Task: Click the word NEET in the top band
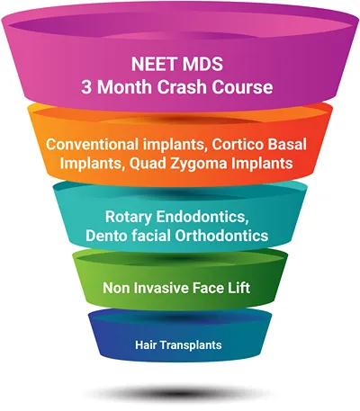point(153,64)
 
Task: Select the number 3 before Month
point(86,87)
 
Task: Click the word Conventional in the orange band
point(92,145)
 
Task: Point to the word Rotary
point(129,217)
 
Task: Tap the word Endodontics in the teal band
point(202,217)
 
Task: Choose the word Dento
point(104,236)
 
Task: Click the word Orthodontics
point(221,236)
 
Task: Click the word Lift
point(239,288)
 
